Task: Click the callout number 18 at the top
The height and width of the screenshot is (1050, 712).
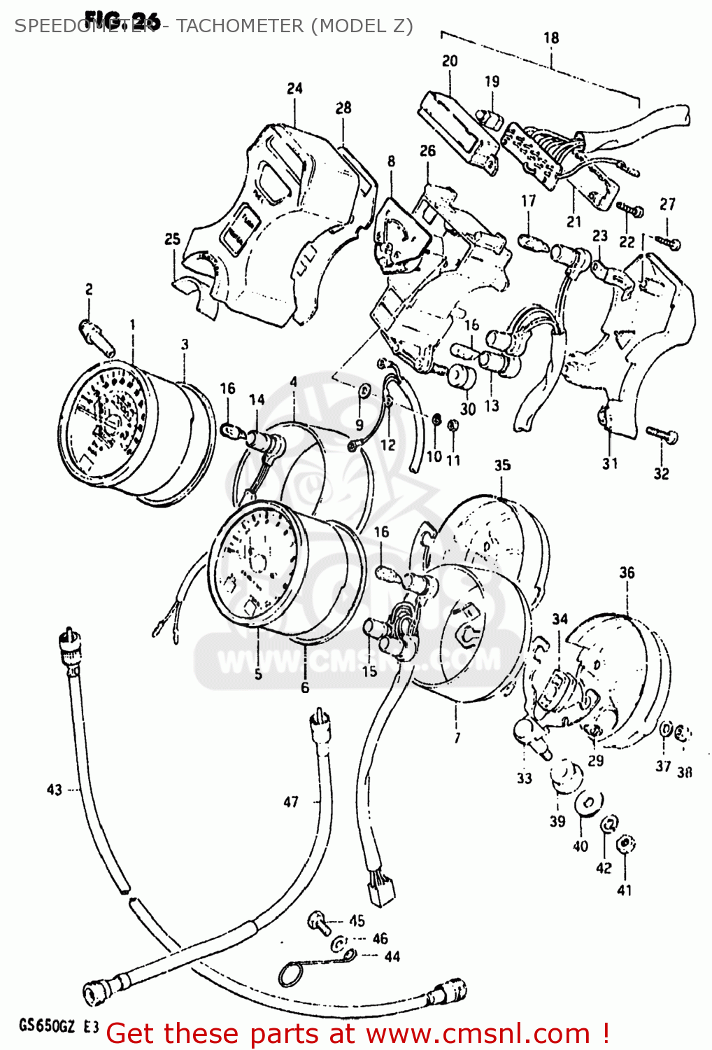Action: click(x=551, y=38)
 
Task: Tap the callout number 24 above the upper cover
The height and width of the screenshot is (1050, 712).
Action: click(x=294, y=88)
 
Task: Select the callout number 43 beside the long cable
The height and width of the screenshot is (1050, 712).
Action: click(x=55, y=790)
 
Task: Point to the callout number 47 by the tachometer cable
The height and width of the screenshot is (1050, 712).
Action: click(x=291, y=802)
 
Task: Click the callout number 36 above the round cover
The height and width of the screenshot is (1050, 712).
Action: click(x=627, y=573)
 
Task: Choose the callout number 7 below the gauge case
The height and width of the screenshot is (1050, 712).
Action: click(x=457, y=738)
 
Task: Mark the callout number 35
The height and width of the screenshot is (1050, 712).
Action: click(x=502, y=465)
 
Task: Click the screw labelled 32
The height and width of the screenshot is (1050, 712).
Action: click(x=662, y=435)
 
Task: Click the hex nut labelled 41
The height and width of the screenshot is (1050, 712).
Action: click(x=627, y=844)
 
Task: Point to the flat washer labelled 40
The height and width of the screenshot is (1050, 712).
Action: click(x=589, y=803)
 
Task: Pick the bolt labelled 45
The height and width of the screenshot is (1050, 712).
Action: click(x=319, y=922)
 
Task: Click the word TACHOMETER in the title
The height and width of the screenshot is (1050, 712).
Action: click(x=240, y=27)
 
